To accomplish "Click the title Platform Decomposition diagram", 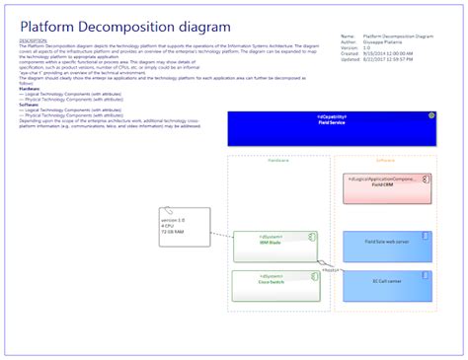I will tap(125, 27).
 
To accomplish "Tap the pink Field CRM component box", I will tap(386, 188).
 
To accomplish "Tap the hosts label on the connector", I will tap(332, 269).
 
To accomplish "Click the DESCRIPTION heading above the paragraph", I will tap(35, 40).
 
